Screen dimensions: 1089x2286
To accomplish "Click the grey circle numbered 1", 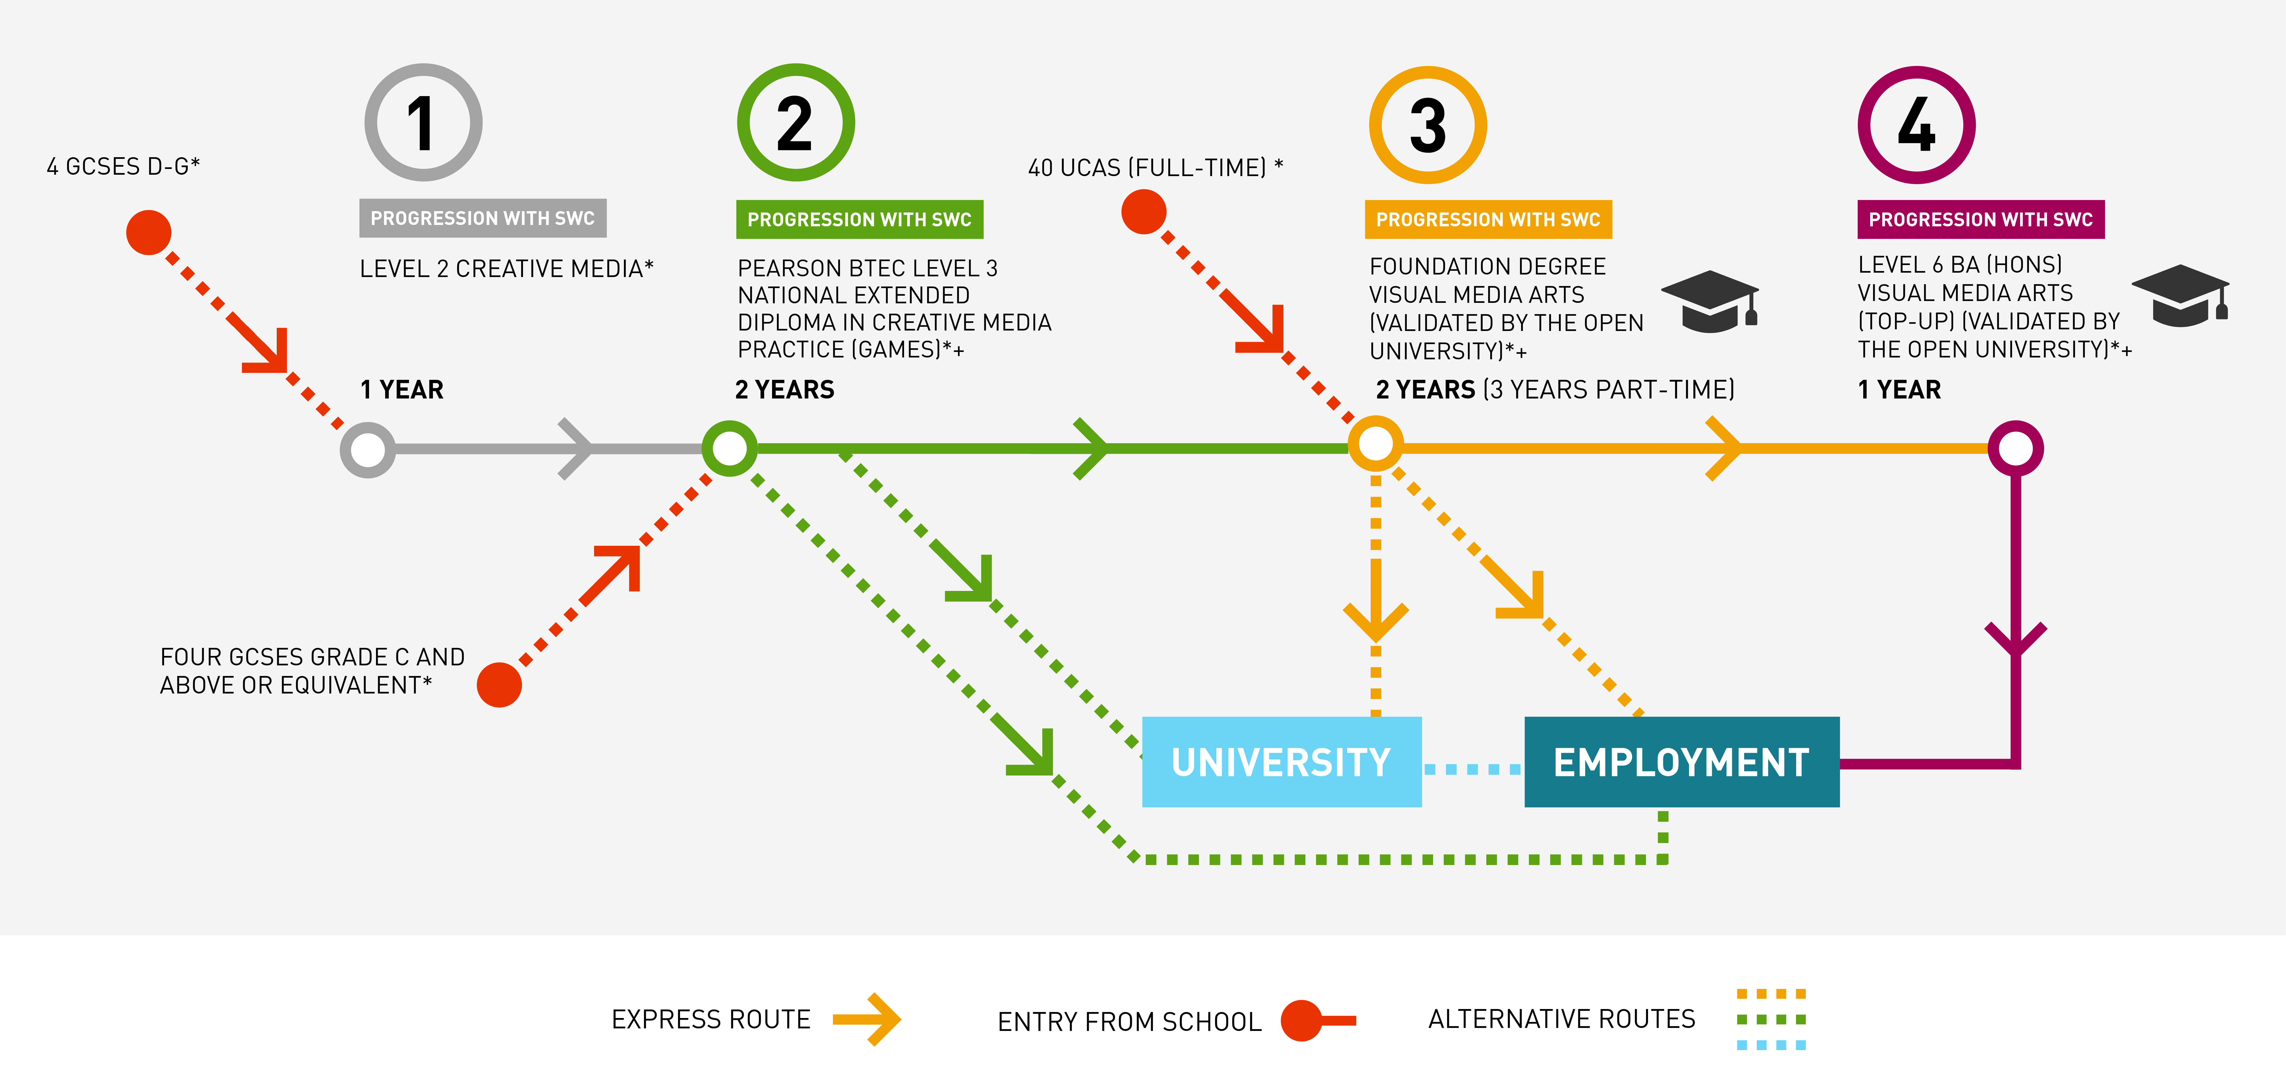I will point(423,122).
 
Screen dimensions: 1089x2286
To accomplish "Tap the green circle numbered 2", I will point(795,122).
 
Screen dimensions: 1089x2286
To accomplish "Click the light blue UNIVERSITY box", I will point(1281,761).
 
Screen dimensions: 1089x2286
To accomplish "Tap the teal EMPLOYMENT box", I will point(1681,761).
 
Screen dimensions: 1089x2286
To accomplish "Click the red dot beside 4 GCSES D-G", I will point(148,233).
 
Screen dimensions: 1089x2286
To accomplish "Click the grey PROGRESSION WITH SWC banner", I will point(482,218).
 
